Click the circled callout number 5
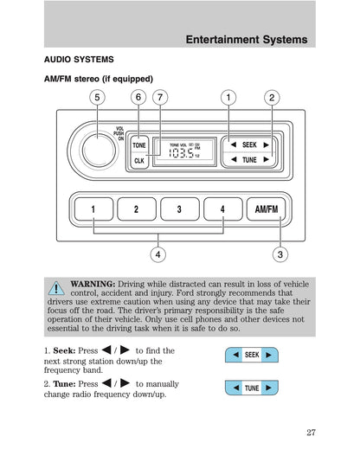pyautogui.click(x=97, y=97)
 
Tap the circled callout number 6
pyautogui.click(x=138, y=97)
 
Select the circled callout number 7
pyautogui.click(x=160, y=97)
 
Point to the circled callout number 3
pyautogui.click(x=280, y=254)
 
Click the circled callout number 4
pyautogui.click(x=157, y=254)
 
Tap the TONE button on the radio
pyautogui.click(x=139, y=145)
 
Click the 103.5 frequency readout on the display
pyautogui.click(x=181, y=153)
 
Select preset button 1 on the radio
pyautogui.click(x=93, y=209)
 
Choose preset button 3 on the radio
pyautogui.click(x=180, y=209)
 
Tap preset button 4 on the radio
pyautogui.click(x=223, y=209)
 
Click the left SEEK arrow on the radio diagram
pyautogui.click(x=234, y=144)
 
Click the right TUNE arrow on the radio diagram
pyautogui.click(x=266, y=159)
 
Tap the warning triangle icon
pyautogui.click(x=56, y=288)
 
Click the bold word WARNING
pyautogui.click(x=93, y=284)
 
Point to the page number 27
pyautogui.click(x=311, y=433)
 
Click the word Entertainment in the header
pyautogui.click(x=222, y=40)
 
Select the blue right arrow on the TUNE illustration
pyautogui.click(x=268, y=388)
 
